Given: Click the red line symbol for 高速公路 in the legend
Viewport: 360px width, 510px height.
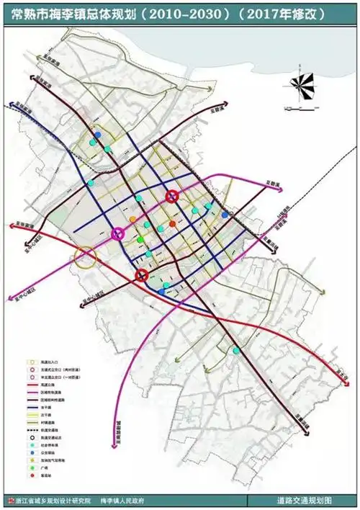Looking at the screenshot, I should coord(32,385).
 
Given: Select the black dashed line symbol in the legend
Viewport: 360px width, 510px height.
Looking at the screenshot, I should coord(32,429).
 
